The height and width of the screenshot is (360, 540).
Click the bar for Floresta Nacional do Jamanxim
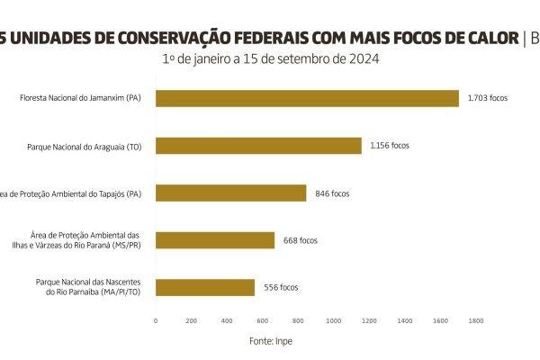pos(307,98)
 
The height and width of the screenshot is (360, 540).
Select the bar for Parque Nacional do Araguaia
pos(258,145)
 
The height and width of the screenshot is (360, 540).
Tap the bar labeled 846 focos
pos(231,193)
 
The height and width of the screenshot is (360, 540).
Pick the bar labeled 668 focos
pos(215,240)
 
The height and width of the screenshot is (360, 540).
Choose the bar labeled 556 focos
pos(205,287)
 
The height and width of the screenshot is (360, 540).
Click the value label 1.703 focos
pos(487,98)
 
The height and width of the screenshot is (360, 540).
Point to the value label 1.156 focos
pos(390,145)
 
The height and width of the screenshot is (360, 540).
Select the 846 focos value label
pos(332,193)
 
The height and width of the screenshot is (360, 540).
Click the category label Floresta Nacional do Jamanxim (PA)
pos(80,98)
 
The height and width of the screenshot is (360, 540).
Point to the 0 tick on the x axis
pos(156,319)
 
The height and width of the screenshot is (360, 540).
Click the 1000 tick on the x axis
pos(334,319)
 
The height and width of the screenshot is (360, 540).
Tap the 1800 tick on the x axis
pos(476,319)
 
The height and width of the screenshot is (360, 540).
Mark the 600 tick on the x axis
pos(263,319)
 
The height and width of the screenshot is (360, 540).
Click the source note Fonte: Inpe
pos(270,341)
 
